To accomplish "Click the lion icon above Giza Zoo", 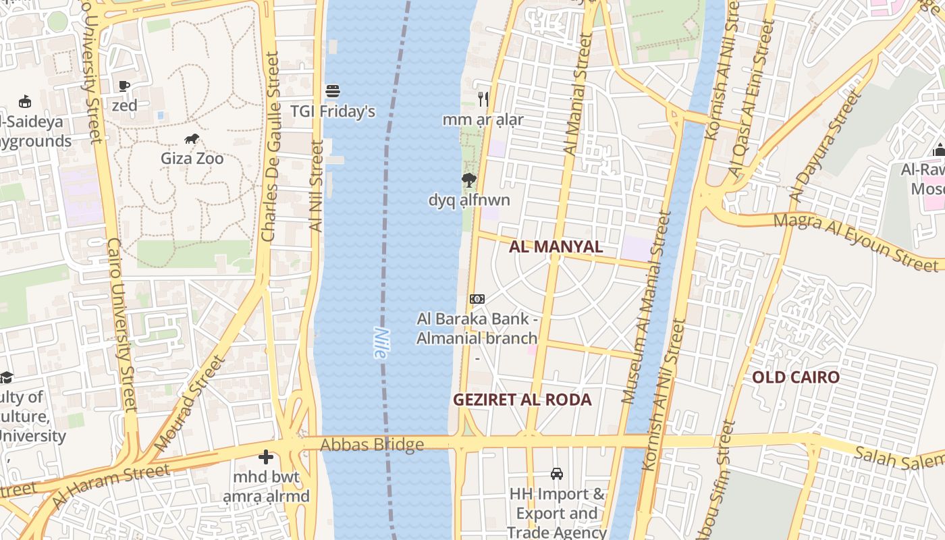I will pyautogui.click(x=192, y=139).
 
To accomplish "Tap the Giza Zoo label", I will pyautogui.click(x=192, y=159).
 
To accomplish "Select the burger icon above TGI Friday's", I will pyautogui.click(x=332, y=90).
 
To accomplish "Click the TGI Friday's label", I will pyautogui.click(x=333, y=111).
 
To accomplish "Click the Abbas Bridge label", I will pyautogui.click(x=372, y=445).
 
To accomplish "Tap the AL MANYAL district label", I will pyautogui.click(x=556, y=247).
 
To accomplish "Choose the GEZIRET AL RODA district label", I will pyautogui.click(x=522, y=400).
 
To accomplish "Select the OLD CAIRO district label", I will pyautogui.click(x=796, y=377).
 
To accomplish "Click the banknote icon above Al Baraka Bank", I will pyautogui.click(x=477, y=298).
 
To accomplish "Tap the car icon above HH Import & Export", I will pyautogui.click(x=557, y=474).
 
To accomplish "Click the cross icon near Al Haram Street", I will pyautogui.click(x=266, y=458).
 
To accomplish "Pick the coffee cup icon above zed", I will pyautogui.click(x=124, y=86).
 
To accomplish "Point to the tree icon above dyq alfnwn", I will pyautogui.click(x=468, y=180).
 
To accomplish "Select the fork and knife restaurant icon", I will pyautogui.click(x=483, y=99).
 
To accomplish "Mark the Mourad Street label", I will pyautogui.click(x=189, y=404).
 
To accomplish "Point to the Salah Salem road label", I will pyautogui.click(x=898, y=460).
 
